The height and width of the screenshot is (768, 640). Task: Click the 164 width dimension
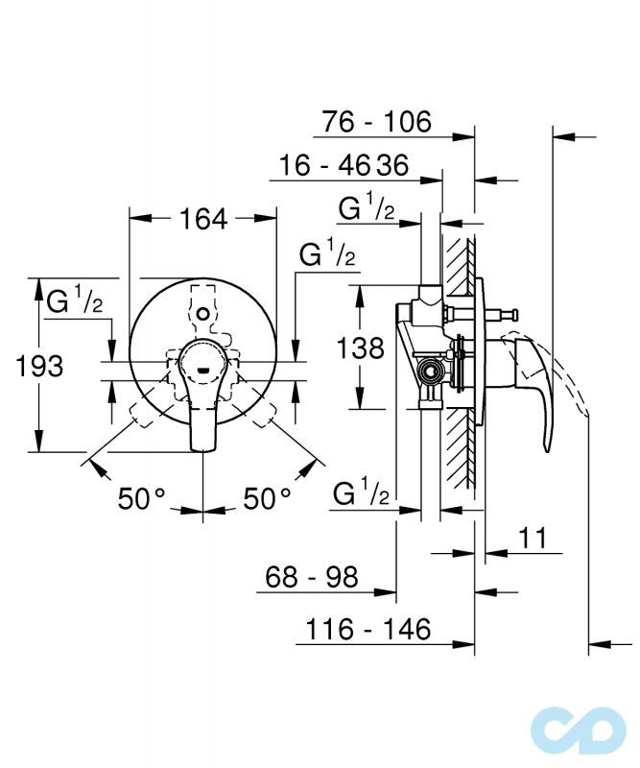[203, 219]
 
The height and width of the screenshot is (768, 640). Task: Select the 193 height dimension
[39, 366]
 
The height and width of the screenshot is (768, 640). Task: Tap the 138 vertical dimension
[361, 348]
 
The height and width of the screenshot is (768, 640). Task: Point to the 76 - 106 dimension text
[376, 122]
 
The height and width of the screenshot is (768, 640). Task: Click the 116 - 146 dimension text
[368, 629]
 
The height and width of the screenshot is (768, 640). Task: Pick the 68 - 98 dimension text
[312, 577]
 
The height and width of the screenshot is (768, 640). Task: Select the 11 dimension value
[533, 538]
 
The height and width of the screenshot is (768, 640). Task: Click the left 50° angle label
[141, 498]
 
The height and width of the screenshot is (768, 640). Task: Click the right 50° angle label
[268, 498]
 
